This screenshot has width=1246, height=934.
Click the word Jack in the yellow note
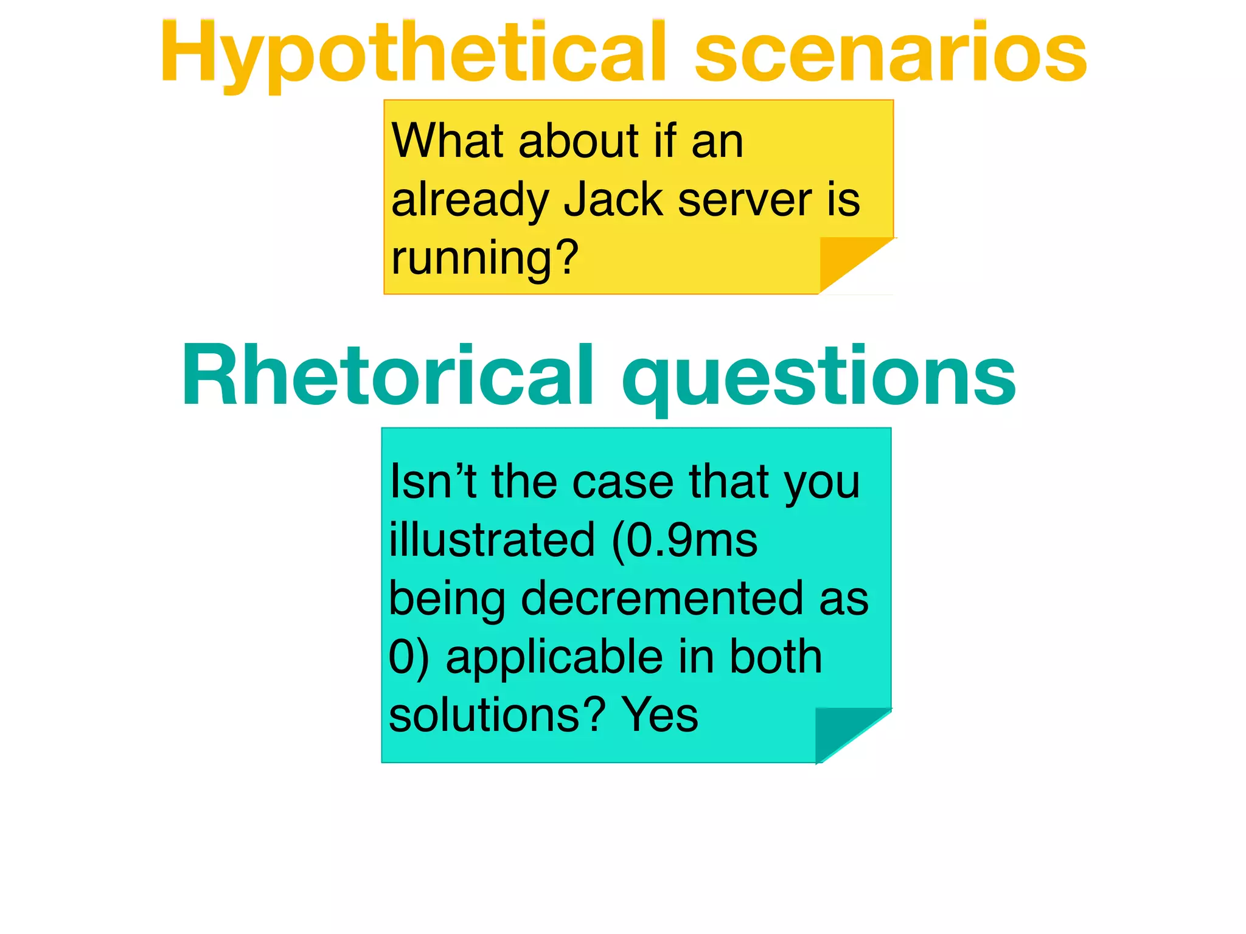tap(613, 200)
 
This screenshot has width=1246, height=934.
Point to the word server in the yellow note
tap(745, 200)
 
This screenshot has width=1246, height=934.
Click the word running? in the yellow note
tap(484, 258)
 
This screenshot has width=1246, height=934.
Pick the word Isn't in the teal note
tap(433, 482)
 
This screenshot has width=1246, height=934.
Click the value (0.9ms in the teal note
tap(684, 540)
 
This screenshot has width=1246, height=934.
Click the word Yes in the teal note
tap(660, 715)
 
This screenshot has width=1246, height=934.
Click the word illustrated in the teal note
tap(492, 540)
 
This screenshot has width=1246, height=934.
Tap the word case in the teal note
tap(623, 482)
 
